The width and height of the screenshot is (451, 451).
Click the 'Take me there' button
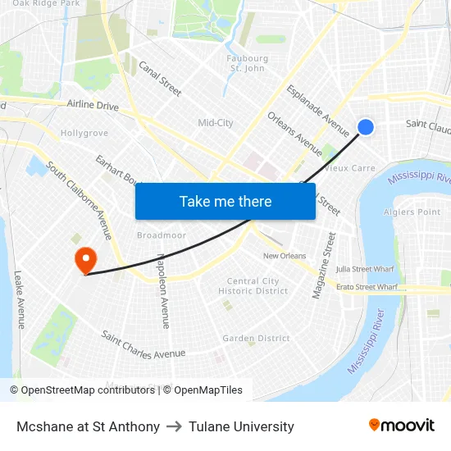coord(225,201)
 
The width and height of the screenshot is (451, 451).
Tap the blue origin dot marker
coord(366,126)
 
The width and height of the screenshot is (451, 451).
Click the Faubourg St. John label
coord(247,63)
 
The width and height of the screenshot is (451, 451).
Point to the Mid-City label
coord(216,123)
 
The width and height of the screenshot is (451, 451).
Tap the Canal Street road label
coord(160,79)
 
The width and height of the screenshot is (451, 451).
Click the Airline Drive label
coord(93,106)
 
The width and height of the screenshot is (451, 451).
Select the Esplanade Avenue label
coord(318,111)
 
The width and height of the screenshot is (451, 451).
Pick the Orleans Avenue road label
coord(295,133)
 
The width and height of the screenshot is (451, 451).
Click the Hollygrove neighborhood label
coord(84,133)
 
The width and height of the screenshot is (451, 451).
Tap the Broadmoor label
coord(162,235)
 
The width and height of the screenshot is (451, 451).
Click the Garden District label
coord(256,338)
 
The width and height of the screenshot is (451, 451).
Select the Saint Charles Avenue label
coord(143,345)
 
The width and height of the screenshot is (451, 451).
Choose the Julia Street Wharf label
coord(366,269)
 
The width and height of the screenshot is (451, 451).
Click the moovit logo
coord(401,426)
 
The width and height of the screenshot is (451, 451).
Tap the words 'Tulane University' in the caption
coord(241,426)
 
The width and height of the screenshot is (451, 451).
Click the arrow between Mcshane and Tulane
coord(174,426)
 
